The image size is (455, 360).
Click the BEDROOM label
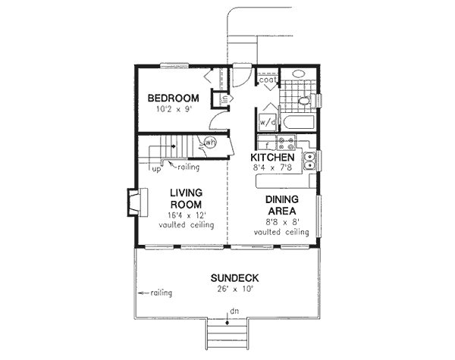coord(173,98)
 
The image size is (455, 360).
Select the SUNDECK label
coord(236,277)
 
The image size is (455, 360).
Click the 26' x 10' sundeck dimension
coord(236,290)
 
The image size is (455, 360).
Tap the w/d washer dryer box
coord(267,121)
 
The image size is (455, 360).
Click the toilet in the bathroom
coord(304,99)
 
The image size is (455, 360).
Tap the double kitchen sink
coord(310,159)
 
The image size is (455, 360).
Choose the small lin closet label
coord(224,99)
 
